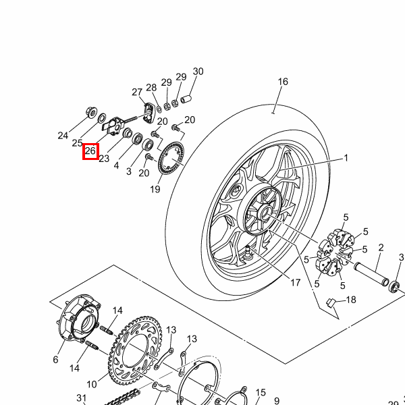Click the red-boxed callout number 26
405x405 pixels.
pos(90,151)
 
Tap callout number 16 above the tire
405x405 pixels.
pos(283,82)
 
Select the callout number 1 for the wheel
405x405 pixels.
pos(346,158)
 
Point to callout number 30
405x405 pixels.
pos(198,72)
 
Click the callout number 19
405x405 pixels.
pos(155,189)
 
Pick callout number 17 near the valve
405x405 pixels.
pos(296,283)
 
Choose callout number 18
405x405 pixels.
pos(351,300)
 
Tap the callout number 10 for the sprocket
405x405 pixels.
pos(92,384)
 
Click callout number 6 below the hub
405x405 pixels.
pos(55,360)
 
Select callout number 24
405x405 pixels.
pos(63,136)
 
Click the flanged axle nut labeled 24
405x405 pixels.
pos(91,112)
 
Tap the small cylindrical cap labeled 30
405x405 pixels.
pos(186,99)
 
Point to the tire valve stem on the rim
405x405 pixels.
pos(248,252)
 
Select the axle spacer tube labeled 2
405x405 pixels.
pos(371,274)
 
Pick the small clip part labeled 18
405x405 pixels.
pos(331,302)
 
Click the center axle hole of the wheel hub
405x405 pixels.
pos(265,213)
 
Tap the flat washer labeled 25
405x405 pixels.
pos(101,118)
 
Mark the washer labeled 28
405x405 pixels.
pos(159,109)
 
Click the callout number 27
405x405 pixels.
pos(137,92)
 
